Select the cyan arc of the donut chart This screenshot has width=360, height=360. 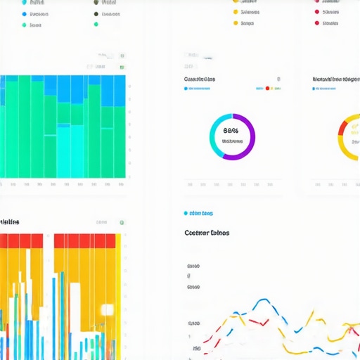(x=214, y=141)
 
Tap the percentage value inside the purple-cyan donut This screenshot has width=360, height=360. (x=231, y=130)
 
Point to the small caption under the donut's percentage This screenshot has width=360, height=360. (x=232, y=141)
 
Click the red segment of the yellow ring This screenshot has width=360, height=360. (x=342, y=127)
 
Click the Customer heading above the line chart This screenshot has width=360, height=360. (x=207, y=233)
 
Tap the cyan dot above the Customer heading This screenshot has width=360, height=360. (x=186, y=213)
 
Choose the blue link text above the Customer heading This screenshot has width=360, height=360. (x=202, y=213)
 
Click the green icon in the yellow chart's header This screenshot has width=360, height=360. (x=122, y=222)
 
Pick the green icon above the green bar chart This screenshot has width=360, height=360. (x=122, y=67)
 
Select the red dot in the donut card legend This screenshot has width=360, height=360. (x=268, y=89)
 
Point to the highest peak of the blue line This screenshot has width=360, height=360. (x=262, y=300)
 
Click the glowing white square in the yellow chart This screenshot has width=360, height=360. (x=107, y=310)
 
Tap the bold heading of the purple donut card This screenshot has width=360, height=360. (x=200, y=79)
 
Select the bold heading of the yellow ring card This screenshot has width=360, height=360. (x=336, y=79)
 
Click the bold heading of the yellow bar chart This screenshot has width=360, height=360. (x=10, y=222)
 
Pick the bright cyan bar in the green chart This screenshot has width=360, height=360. (x=63, y=150)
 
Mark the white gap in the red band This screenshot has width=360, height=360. (x=49, y=240)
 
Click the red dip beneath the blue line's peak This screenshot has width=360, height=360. (x=262, y=323)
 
